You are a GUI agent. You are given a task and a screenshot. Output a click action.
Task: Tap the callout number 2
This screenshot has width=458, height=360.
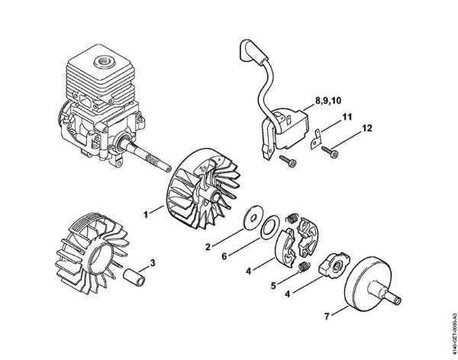207,247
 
